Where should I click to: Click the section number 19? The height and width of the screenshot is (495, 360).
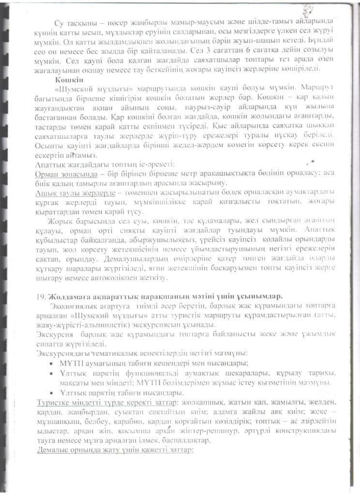(x=42, y=296)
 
